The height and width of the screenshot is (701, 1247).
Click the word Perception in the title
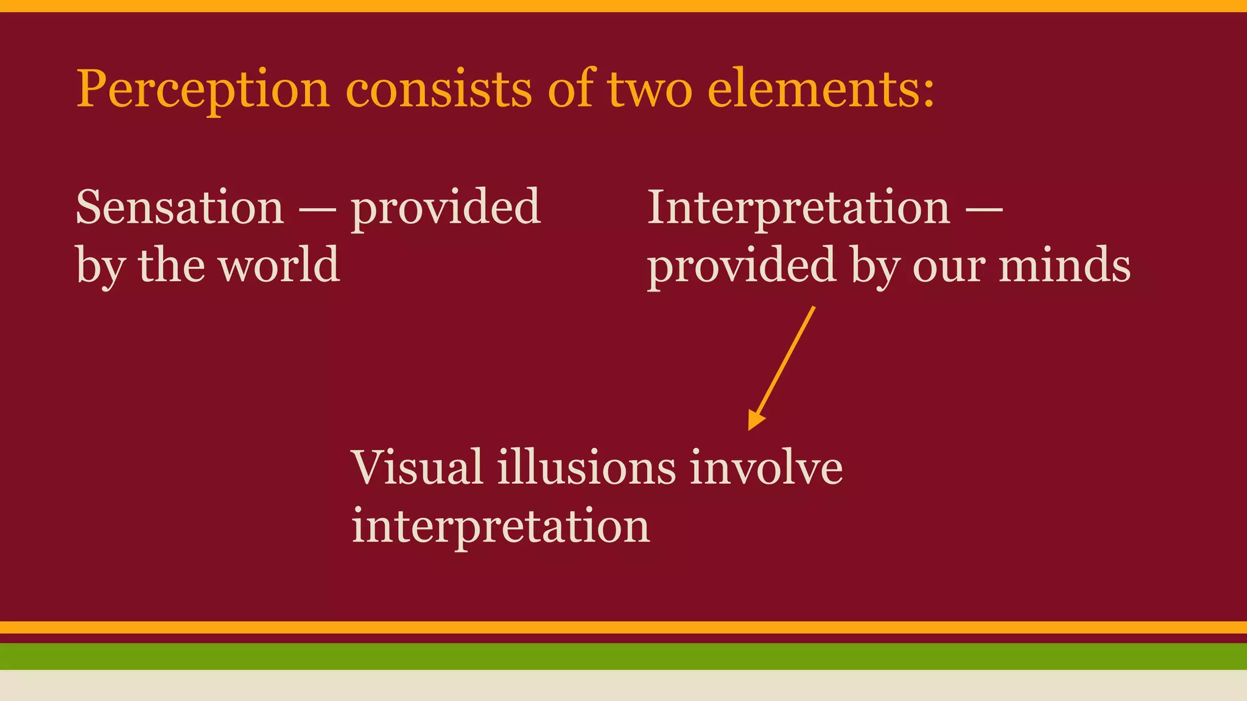pos(203,90)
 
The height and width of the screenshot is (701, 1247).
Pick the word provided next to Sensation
pos(446,208)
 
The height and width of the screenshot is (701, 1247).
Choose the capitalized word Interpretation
pos(798,208)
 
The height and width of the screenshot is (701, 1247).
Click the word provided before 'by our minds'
pos(741,267)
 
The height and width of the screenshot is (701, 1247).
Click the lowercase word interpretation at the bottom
pos(501,526)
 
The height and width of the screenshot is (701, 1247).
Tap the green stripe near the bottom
pos(623,656)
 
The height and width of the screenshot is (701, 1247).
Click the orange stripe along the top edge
pos(623,5)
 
